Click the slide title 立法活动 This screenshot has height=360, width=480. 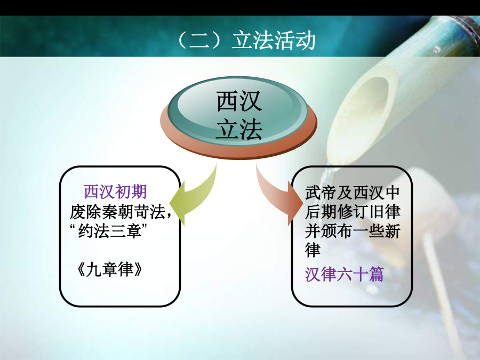[274, 40]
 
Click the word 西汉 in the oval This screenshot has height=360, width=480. [239, 101]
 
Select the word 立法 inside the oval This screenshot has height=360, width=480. [239, 129]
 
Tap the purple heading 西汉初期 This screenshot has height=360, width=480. [115, 192]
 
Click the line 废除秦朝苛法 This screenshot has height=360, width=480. [118, 212]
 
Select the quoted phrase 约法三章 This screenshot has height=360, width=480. [109, 231]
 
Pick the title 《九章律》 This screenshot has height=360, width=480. [109, 270]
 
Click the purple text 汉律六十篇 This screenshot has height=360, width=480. [344, 274]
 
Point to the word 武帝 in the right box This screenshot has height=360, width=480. [321, 193]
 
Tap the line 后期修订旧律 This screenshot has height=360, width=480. [353, 212]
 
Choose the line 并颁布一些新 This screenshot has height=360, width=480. [353, 231]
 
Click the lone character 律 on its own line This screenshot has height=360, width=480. [313, 250]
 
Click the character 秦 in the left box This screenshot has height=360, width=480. [109, 212]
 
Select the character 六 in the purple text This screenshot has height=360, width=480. [344, 274]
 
